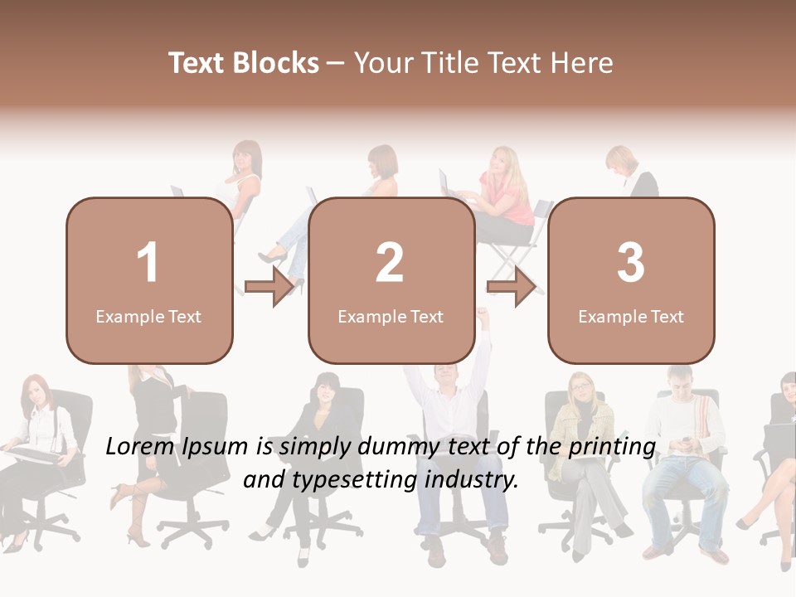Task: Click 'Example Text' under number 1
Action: (148, 317)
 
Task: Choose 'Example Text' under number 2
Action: (391, 317)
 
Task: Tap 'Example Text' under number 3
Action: (631, 317)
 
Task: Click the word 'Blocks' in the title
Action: (276, 63)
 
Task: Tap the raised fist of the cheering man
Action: (483, 314)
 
